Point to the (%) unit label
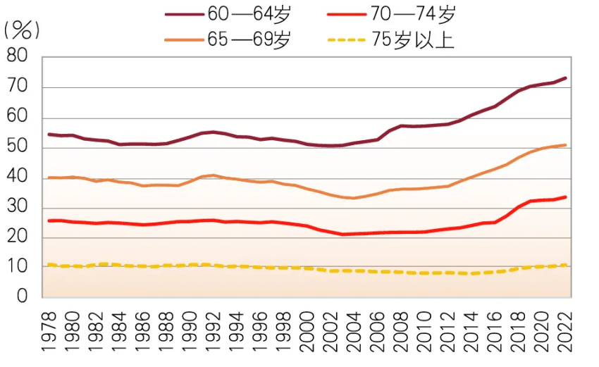pos(22,30)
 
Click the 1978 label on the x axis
pos(49,330)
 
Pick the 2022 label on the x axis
pos(565,330)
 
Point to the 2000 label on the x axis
pos(307,330)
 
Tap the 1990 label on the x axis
pos(190,330)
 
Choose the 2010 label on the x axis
pos(425,330)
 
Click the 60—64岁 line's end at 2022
pos(565,78)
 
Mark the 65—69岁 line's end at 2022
pos(565,145)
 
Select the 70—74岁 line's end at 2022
pos(565,197)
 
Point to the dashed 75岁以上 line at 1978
pos(49,265)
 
